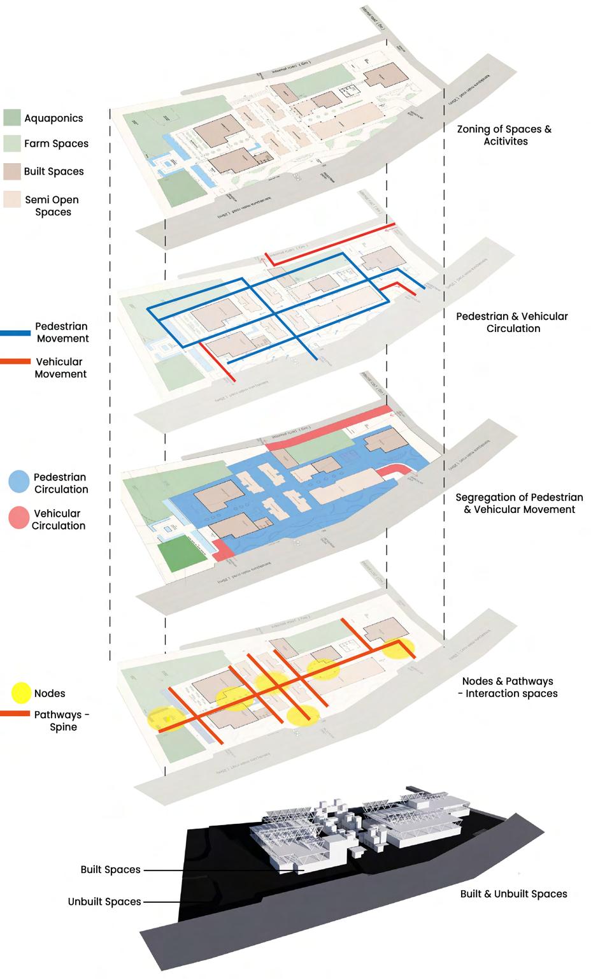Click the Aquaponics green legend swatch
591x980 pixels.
click(12, 117)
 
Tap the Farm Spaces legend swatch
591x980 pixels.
click(12, 143)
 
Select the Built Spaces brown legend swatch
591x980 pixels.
click(12, 171)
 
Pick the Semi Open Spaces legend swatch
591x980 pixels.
click(12, 199)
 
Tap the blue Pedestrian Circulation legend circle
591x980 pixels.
click(18, 482)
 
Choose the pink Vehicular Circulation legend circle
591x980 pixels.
click(18, 518)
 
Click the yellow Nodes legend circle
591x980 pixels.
click(21, 692)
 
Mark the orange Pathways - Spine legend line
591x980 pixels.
click(15, 714)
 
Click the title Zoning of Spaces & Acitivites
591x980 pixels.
click(504, 135)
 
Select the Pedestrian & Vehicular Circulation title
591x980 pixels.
click(512, 322)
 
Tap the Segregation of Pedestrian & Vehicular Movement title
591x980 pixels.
click(519, 503)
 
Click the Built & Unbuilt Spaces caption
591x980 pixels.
click(513, 894)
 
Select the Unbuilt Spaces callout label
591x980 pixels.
click(104, 902)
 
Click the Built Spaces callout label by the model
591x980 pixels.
click(110, 870)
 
